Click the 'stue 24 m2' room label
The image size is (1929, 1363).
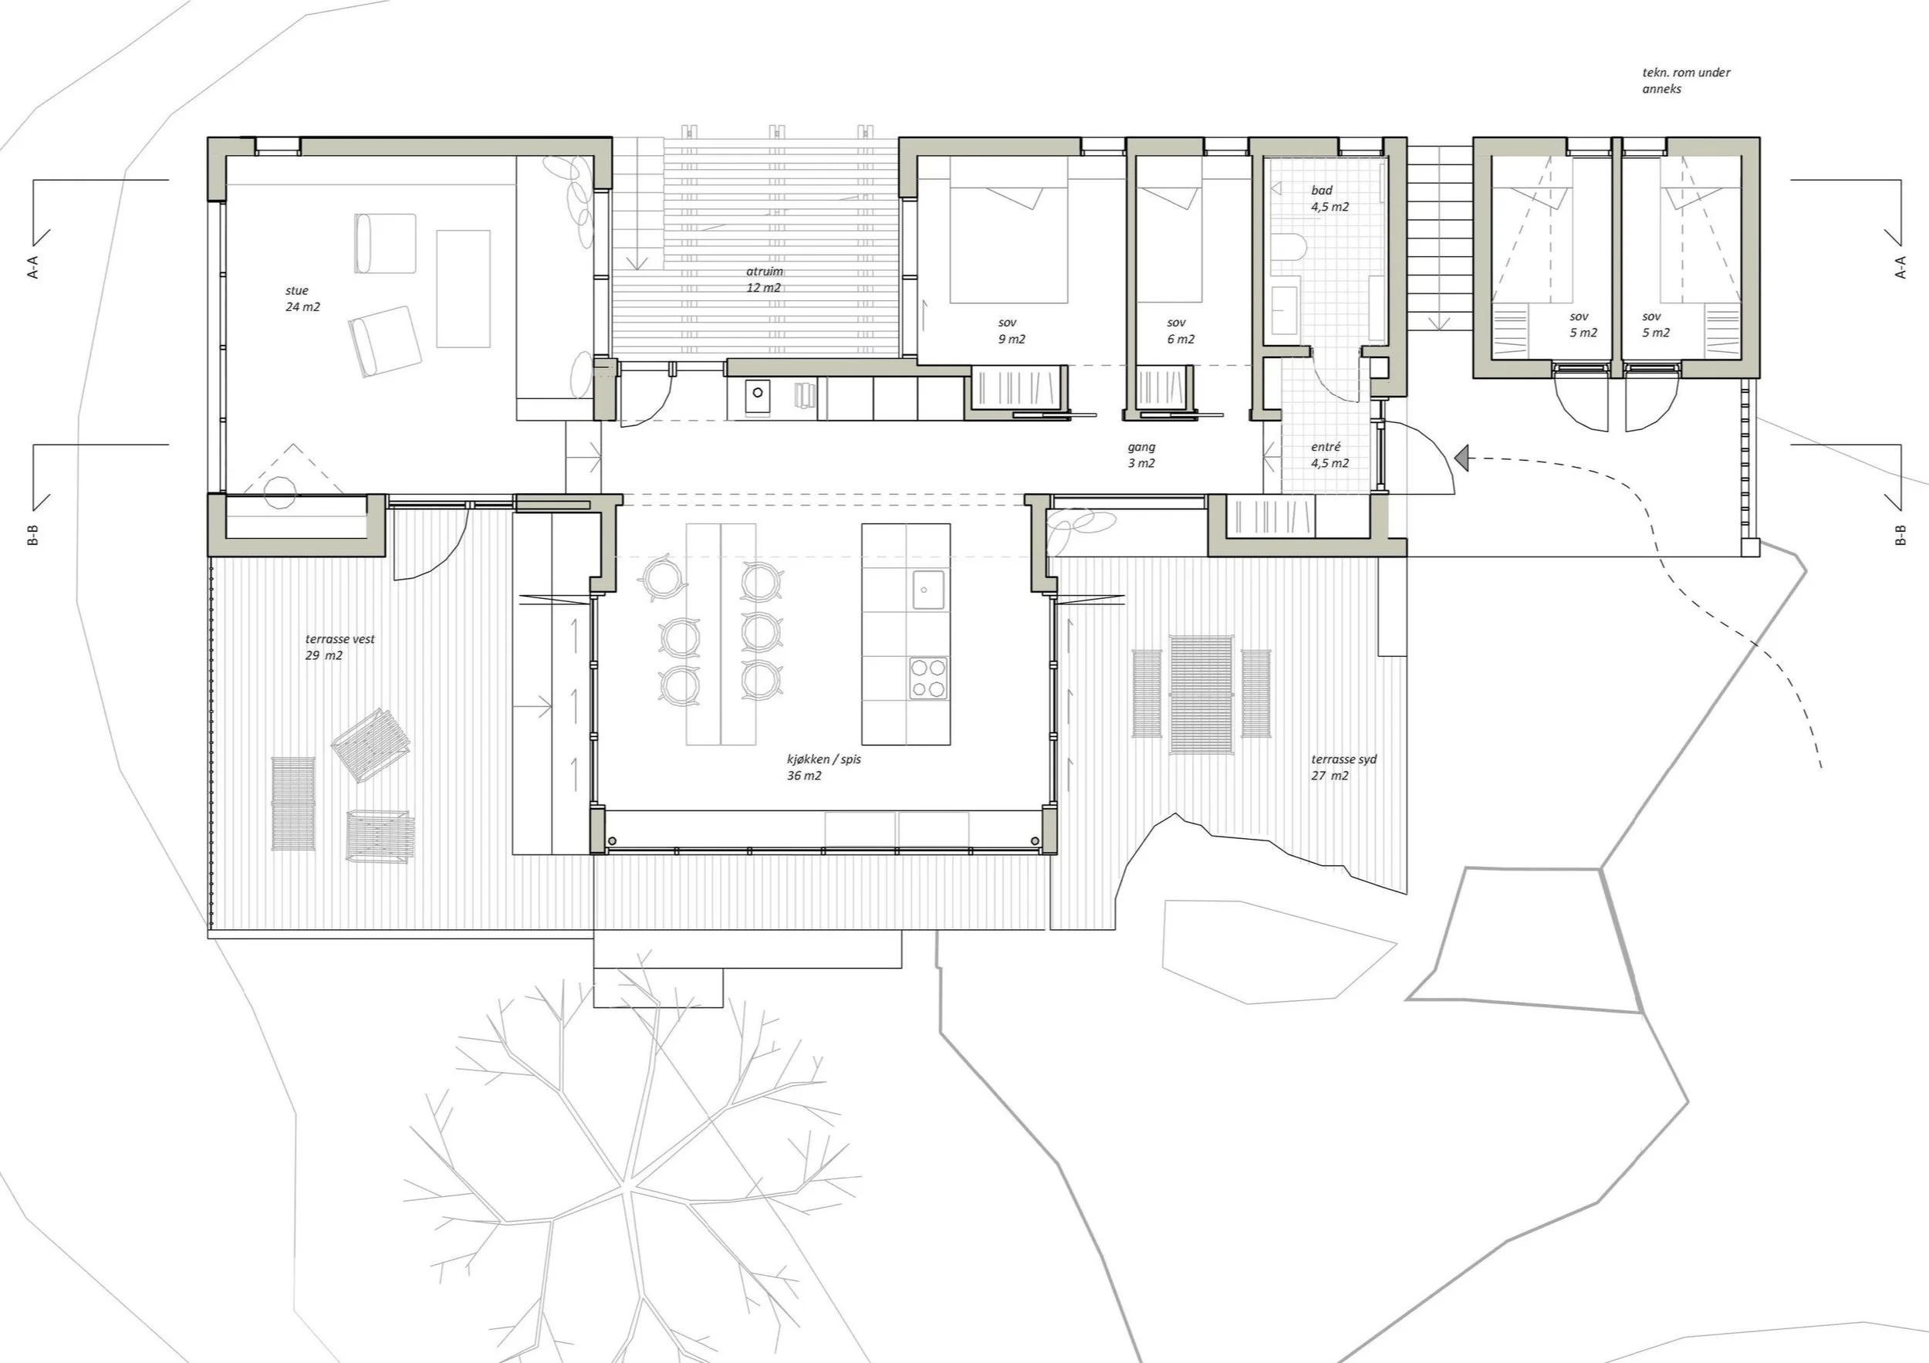coord(302,299)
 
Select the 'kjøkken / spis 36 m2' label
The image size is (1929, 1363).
coord(823,767)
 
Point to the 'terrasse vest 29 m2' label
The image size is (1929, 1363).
coord(340,647)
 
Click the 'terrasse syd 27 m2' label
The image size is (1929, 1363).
coord(1343,767)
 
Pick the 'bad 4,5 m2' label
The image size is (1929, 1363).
coord(1329,198)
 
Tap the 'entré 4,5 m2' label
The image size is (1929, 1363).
coord(1329,455)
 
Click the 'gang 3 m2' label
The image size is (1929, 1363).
coord(1141,455)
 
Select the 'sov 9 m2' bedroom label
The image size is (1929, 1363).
coord(1011,331)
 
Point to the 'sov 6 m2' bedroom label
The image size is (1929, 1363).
coord(1180,331)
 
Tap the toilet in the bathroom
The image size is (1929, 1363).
coord(1288,247)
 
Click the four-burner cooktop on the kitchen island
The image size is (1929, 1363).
coord(927,678)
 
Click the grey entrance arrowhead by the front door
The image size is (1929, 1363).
coord(1461,458)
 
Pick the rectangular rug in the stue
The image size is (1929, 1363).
coord(463,288)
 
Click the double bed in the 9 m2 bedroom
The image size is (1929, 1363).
coord(1008,230)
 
